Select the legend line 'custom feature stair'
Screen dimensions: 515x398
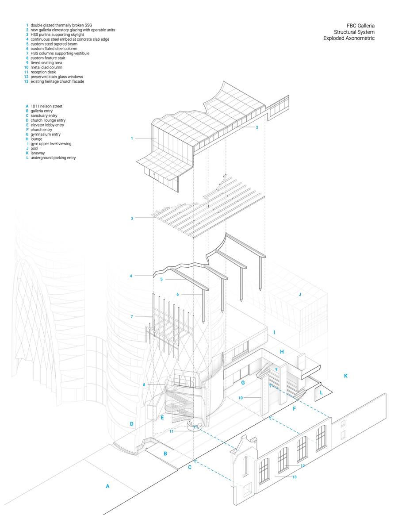(48, 58)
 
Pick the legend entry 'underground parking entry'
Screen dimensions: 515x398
(53, 158)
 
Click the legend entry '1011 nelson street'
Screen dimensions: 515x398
(46, 106)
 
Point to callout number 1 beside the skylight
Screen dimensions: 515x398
(132, 138)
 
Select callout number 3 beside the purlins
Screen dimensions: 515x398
(132, 218)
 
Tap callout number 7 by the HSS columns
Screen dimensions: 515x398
(132, 316)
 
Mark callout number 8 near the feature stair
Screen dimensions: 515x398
(144, 385)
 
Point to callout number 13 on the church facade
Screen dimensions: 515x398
(294, 477)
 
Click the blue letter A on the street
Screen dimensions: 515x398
(107, 486)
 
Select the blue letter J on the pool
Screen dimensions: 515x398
(299, 294)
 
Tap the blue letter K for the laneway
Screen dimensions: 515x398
(345, 376)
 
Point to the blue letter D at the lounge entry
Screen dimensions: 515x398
(131, 424)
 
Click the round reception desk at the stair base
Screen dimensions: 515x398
(195, 427)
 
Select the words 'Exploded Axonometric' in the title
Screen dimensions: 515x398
(349, 38)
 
